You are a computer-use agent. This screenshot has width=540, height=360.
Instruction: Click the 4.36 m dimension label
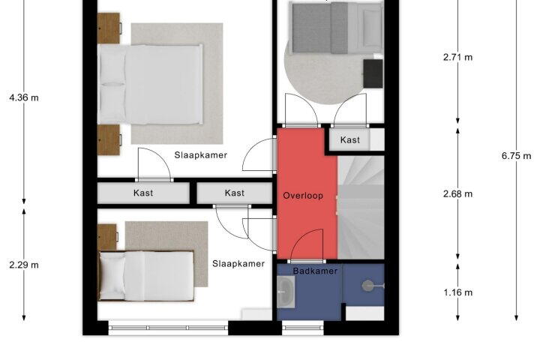pyautogui.click(x=24, y=97)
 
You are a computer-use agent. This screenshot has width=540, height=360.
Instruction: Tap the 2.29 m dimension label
pyautogui.click(x=24, y=265)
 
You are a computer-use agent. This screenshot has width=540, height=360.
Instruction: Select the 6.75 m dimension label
pyautogui.click(x=516, y=156)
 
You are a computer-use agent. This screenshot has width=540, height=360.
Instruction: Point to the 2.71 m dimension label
pyautogui.click(x=457, y=57)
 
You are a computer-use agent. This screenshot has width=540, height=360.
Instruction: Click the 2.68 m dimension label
pyautogui.click(x=457, y=194)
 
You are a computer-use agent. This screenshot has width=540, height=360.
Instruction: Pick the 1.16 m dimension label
pyautogui.click(x=457, y=292)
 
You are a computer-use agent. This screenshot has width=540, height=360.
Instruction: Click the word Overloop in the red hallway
pyautogui.click(x=303, y=196)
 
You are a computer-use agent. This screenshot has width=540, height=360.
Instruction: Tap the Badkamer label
pyautogui.click(x=315, y=271)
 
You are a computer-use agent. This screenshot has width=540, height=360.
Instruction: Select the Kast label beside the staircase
pyautogui.click(x=350, y=139)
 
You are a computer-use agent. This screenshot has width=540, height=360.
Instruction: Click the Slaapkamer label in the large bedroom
pyautogui.click(x=201, y=155)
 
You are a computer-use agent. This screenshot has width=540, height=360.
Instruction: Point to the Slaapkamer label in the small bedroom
pyautogui.click(x=238, y=263)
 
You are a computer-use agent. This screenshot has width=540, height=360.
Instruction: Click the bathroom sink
pyautogui.click(x=286, y=292)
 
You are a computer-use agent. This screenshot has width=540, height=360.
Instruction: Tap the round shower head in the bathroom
pyautogui.click(x=367, y=286)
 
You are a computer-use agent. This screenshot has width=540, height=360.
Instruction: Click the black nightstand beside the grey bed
pyautogui.click(x=373, y=73)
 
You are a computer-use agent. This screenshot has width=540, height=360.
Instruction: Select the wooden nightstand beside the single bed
pyautogui.click(x=107, y=237)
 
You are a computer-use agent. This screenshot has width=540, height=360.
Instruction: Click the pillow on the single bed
pyautogui.click(x=112, y=276)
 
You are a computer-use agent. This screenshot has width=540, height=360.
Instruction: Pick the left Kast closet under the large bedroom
pyautogui.click(x=143, y=193)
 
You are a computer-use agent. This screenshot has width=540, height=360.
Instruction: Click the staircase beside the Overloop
pyautogui.click(x=361, y=207)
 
